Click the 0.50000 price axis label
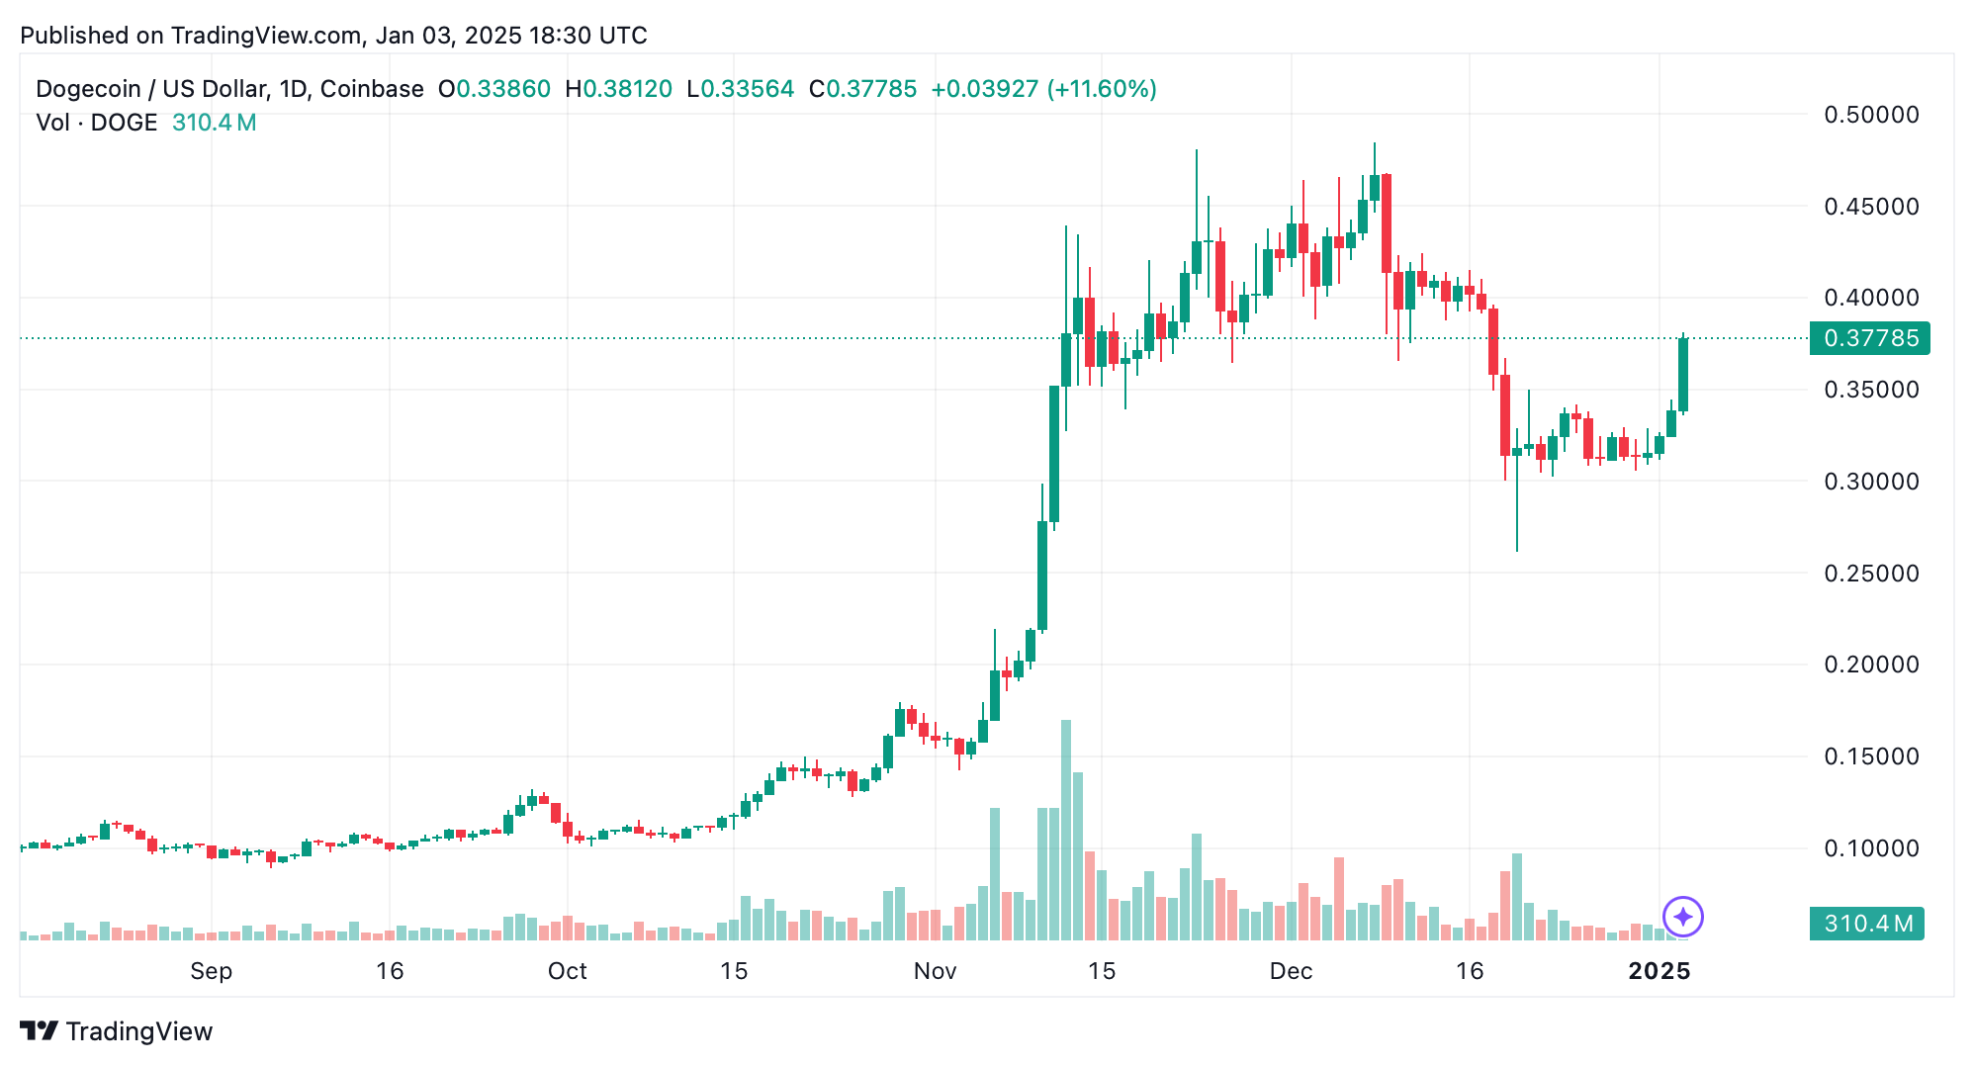[1870, 115]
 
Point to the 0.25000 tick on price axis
[1870, 574]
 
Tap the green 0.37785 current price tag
[1869, 338]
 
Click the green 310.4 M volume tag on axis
[1867, 924]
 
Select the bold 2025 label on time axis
[1660, 971]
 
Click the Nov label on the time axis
[935, 971]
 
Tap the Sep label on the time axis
[211, 971]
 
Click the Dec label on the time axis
[1291, 971]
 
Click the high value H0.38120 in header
[618, 89]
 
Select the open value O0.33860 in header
[493, 89]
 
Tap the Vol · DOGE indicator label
[96, 123]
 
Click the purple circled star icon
[1683, 917]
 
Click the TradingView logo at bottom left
[116, 1031]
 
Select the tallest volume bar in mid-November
[1066, 831]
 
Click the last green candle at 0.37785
[1683, 374]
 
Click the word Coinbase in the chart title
[372, 89]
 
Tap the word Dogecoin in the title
[88, 89]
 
